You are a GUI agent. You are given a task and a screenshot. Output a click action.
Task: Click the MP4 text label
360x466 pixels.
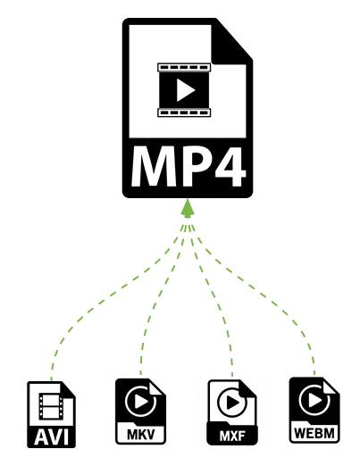(x=188, y=166)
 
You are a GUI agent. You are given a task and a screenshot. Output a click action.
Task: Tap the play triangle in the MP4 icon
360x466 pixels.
(x=185, y=89)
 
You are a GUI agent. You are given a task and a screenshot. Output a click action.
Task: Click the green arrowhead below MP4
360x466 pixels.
(x=188, y=208)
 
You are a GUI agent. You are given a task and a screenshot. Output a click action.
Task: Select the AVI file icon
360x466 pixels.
(x=51, y=414)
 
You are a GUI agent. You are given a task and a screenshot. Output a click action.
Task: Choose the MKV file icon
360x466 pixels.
(x=140, y=411)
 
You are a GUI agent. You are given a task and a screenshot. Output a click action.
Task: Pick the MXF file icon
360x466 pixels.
(x=232, y=412)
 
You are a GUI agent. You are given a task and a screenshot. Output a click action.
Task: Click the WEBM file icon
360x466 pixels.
(x=314, y=410)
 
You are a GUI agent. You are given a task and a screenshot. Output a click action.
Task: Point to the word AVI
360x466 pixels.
(x=51, y=437)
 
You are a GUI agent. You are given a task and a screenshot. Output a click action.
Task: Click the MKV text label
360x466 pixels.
(x=141, y=435)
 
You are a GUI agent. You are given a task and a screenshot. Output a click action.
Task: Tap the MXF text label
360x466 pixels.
(x=232, y=437)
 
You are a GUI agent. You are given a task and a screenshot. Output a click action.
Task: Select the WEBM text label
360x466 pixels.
(x=314, y=433)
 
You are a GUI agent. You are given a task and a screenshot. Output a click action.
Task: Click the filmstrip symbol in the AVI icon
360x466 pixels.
(x=51, y=406)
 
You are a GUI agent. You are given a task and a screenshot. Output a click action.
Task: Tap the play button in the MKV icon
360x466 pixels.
(x=140, y=402)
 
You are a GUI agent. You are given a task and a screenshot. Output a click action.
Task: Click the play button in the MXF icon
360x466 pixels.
(x=232, y=403)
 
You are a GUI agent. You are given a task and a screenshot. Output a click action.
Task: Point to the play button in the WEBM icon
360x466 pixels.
(x=314, y=400)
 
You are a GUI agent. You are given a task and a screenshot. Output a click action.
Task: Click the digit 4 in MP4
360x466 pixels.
(x=228, y=166)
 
